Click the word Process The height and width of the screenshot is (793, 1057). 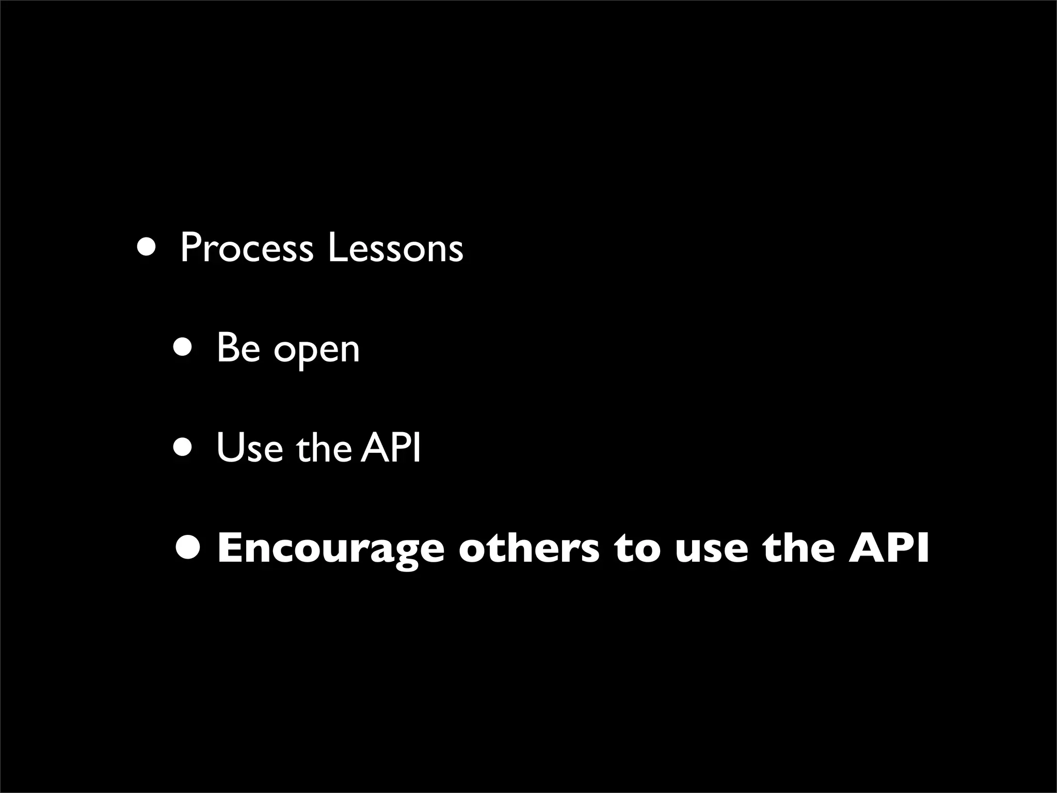tap(247, 249)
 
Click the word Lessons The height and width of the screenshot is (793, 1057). tap(395, 249)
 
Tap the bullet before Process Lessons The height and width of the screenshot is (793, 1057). tap(146, 247)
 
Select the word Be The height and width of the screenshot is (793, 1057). tap(238, 348)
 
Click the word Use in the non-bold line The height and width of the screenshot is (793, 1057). tap(250, 448)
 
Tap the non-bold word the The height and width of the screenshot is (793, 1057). tap(324, 448)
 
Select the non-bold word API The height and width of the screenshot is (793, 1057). tap(391, 448)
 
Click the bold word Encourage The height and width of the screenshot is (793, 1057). tap(330, 548)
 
